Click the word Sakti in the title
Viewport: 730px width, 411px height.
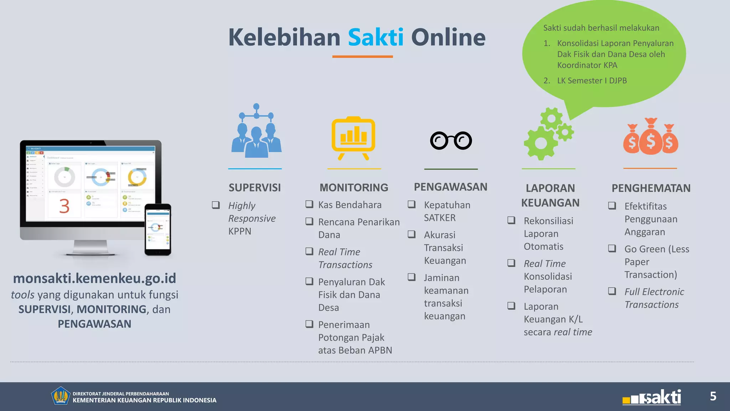(x=375, y=37)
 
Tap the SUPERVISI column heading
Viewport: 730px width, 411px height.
(x=255, y=188)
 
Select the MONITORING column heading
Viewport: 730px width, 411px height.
(x=354, y=188)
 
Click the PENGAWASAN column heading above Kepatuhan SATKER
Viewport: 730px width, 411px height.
(x=450, y=187)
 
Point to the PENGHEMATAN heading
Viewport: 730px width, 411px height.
(x=651, y=188)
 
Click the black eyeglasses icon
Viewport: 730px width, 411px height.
(x=451, y=141)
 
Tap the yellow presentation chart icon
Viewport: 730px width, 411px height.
(x=353, y=138)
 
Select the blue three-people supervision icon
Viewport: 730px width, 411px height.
(x=256, y=132)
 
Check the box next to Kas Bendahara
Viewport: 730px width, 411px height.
(x=309, y=204)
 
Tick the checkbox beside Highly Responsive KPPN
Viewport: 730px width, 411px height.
(x=216, y=205)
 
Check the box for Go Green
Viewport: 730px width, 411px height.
(x=612, y=249)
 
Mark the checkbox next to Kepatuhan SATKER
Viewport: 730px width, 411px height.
(x=412, y=204)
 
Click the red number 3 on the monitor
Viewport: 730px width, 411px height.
(x=64, y=206)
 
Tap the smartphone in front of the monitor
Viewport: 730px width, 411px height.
(x=158, y=229)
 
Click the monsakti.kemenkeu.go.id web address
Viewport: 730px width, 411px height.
(x=94, y=278)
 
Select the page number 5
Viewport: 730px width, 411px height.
(x=713, y=396)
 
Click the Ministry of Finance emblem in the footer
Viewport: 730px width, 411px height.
(x=60, y=396)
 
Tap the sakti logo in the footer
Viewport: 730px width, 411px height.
(x=652, y=397)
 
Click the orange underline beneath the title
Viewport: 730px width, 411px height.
(x=363, y=56)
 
